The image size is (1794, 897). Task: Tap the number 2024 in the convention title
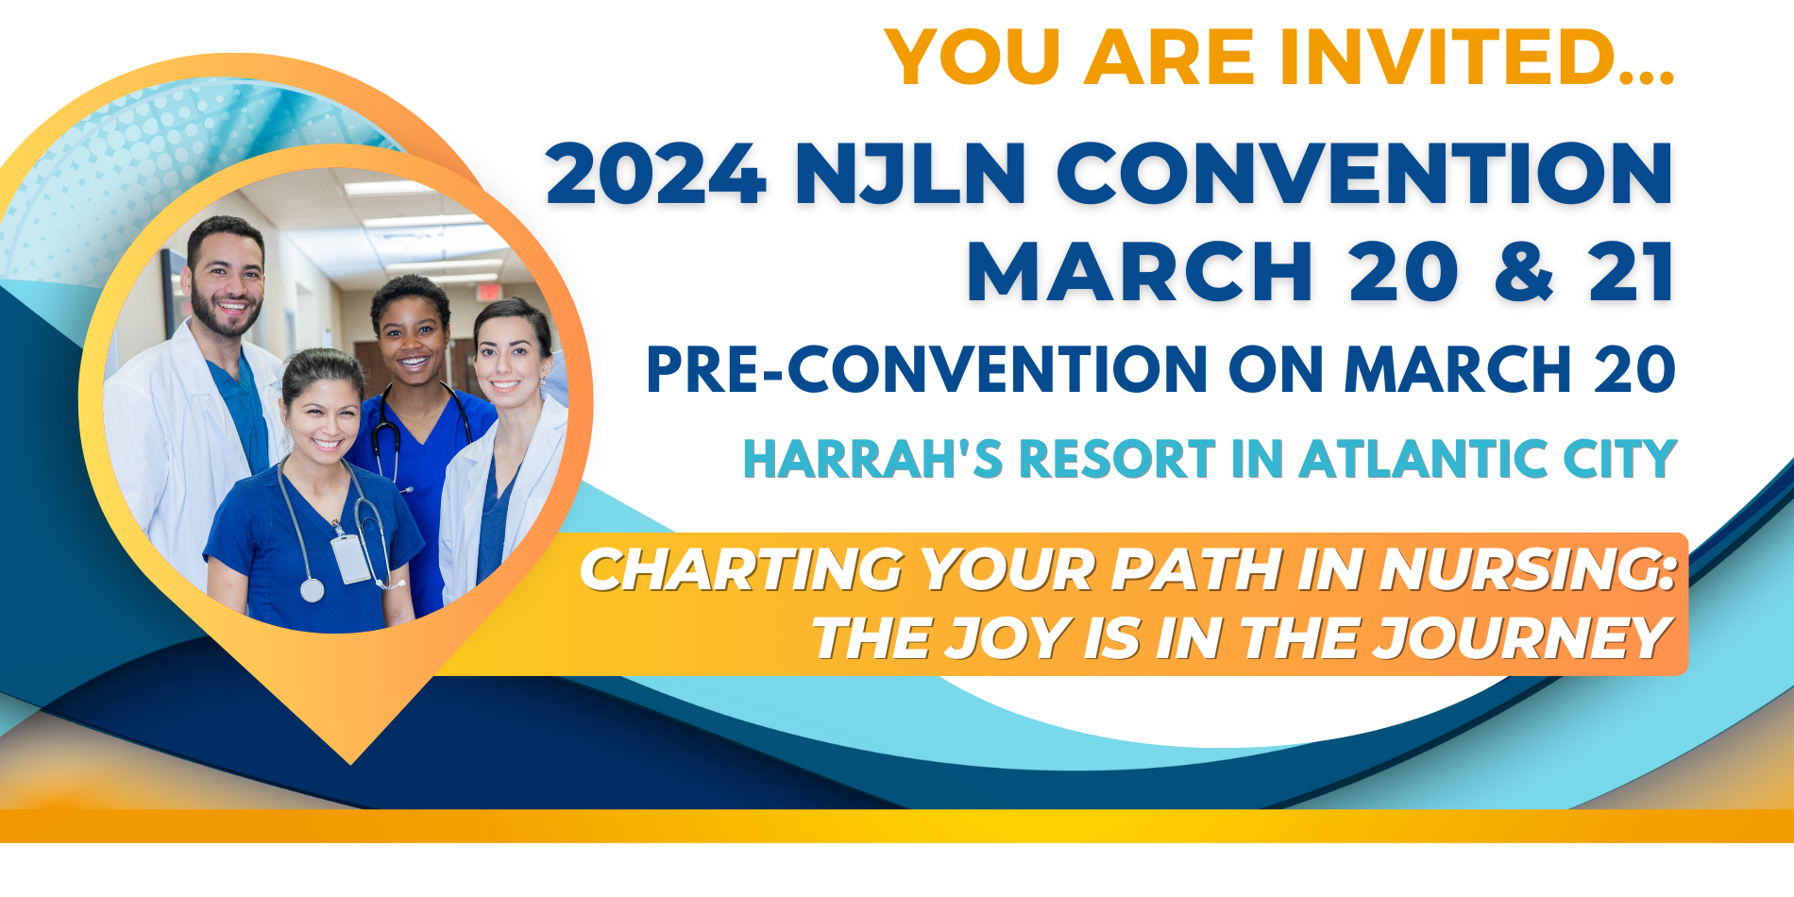[655, 174]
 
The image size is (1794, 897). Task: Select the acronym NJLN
[910, 174]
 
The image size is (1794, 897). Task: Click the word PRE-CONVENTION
[926, 369]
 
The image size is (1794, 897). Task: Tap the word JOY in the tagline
[1007, 638]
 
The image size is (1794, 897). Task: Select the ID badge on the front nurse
[349, 557]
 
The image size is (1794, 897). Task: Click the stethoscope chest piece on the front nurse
[312, 591]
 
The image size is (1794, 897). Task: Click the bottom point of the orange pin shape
[350, 761]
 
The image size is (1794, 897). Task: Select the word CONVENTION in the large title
[1364, 174]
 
